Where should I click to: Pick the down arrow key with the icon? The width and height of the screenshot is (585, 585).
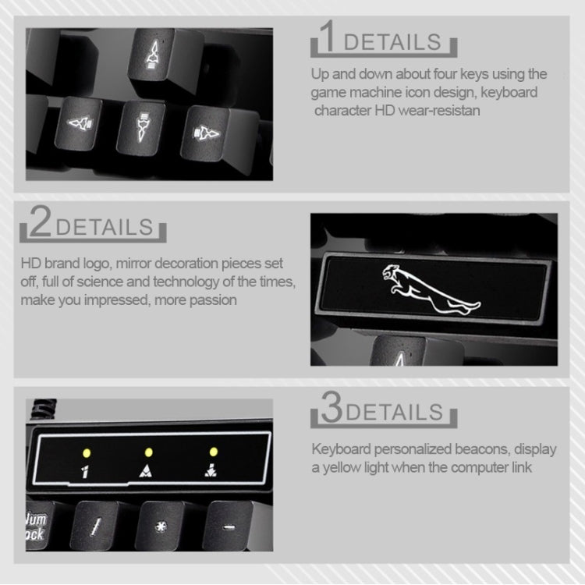click(x=143, y=127)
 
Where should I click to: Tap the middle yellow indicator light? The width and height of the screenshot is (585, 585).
click(x=147, y=452)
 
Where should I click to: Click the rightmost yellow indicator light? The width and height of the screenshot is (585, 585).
click(x=212, y=452)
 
